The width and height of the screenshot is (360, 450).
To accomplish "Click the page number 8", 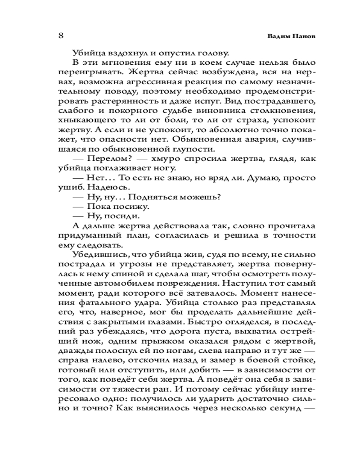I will coord(61,35).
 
